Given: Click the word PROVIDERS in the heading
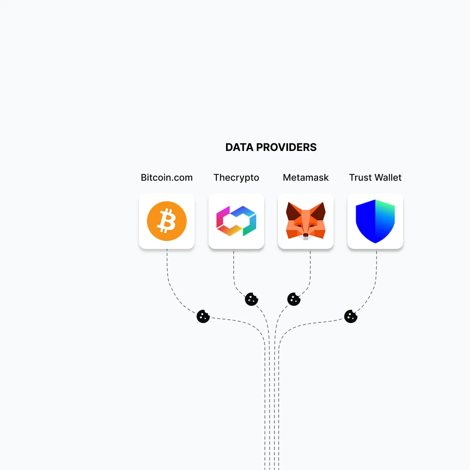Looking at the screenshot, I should [x=286, y=147].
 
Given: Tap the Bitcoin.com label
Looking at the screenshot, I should [x=167, y=178].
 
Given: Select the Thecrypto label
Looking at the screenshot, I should [x=236, y=178].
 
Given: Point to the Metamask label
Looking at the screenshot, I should [x=306, y=178].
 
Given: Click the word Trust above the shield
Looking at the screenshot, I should [x=360, y=178].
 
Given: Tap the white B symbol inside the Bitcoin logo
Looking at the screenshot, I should [x=166, y=221].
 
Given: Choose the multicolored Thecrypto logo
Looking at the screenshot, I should [x=236, y=221].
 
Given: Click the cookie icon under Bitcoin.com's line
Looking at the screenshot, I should [x=203, y=317].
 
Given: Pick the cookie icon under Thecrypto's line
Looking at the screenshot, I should [x=252, y=300].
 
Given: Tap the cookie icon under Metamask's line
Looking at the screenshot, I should [x=294, y=300].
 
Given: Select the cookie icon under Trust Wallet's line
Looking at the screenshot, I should [x=351, y=317].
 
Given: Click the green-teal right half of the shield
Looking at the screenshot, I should [x=385, y=218].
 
